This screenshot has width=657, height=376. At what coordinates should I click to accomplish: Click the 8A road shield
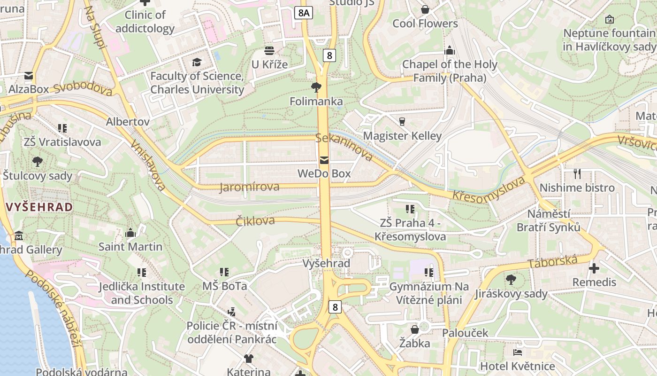point(304,13)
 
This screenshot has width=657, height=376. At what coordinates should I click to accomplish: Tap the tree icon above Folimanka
point(316,87)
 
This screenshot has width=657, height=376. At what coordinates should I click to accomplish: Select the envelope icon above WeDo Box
point(324,160)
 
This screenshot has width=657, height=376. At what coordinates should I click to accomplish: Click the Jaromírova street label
point(249,187)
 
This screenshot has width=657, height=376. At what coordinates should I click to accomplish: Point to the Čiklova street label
point(255,221)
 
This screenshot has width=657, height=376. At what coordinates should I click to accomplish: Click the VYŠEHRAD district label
point(39,207)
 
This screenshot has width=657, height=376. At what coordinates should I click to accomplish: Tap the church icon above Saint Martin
point(130,233)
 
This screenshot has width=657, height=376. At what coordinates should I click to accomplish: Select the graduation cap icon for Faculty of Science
point(197,62)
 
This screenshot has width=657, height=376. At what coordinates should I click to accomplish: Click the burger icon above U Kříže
point(269,50)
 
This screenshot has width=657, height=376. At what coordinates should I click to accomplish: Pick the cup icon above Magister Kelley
point(402,122)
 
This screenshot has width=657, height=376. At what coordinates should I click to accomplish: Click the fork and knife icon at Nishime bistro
point(577,174)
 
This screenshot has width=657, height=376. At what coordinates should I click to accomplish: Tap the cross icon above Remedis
point(594,268)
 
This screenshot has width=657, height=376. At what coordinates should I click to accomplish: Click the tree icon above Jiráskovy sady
point(511,280)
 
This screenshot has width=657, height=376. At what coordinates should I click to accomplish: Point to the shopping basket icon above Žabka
point(415,329)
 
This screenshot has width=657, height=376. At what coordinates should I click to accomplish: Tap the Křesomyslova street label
point(488,189)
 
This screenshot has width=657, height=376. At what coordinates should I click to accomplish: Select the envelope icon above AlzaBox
point(29,76)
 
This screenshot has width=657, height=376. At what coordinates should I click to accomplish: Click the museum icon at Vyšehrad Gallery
point(19,235)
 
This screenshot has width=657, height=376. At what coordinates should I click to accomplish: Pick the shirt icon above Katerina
point(248,359)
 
